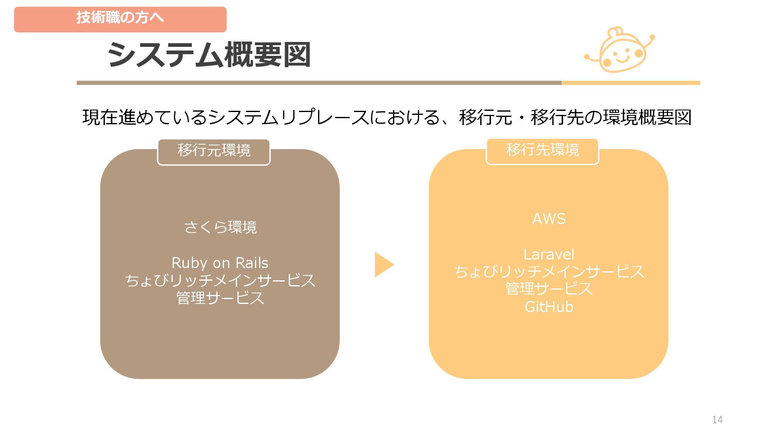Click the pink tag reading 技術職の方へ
point(120,19)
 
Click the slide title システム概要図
point(209,55)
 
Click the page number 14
point(717,420)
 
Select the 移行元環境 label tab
point(214,151)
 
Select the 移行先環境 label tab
point(543,150)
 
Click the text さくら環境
point(220,227)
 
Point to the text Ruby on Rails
point(220,263)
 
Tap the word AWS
point(549,219)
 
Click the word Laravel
point(549,255)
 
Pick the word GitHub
point(549,307)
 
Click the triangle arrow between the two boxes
point(383,264)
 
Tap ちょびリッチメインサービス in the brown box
point(220,280)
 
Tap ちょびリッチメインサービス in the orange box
point(549,272)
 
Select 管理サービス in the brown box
point(220,298)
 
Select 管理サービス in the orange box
point(549,289)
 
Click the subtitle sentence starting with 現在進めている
point(387,117)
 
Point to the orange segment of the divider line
point(630,83)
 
